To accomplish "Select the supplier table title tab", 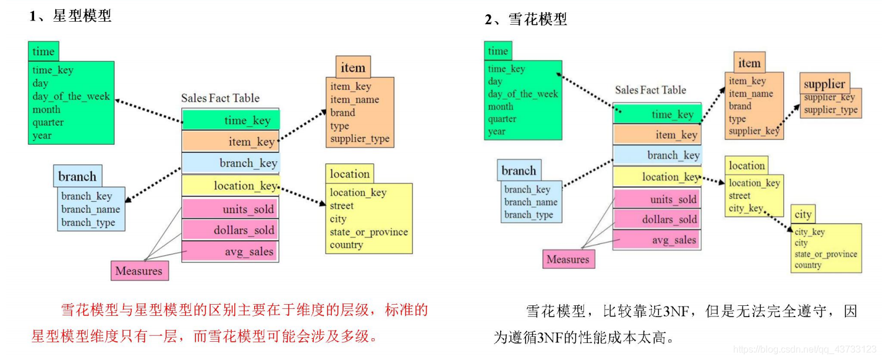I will [x=824, y=84].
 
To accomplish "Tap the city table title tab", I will [x=803, y=215].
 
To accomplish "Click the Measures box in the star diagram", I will [x=139, y=271].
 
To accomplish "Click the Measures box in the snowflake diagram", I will [x=568, y=259].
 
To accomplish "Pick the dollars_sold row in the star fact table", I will [x=231, y=230].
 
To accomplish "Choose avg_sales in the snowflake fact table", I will [x=658, y=240].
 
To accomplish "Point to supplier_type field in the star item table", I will [x=360, y=139].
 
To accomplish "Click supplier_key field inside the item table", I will [x=754, y=131].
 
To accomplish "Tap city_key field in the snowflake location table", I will [x=745, y=208].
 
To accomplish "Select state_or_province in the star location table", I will [x=368, y=232].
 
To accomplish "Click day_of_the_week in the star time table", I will [x=71, y=96].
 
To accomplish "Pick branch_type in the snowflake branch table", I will [x=528, y=215].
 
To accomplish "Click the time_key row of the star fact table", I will [x=231, y=121].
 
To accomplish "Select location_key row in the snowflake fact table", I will [x=658, y=177].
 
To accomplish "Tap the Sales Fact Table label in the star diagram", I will [x=220, y=98].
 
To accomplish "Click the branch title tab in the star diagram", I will [x=77, y=176].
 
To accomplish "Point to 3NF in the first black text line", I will [x=675, y=312].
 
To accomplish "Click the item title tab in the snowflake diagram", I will [x=749, y=63].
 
